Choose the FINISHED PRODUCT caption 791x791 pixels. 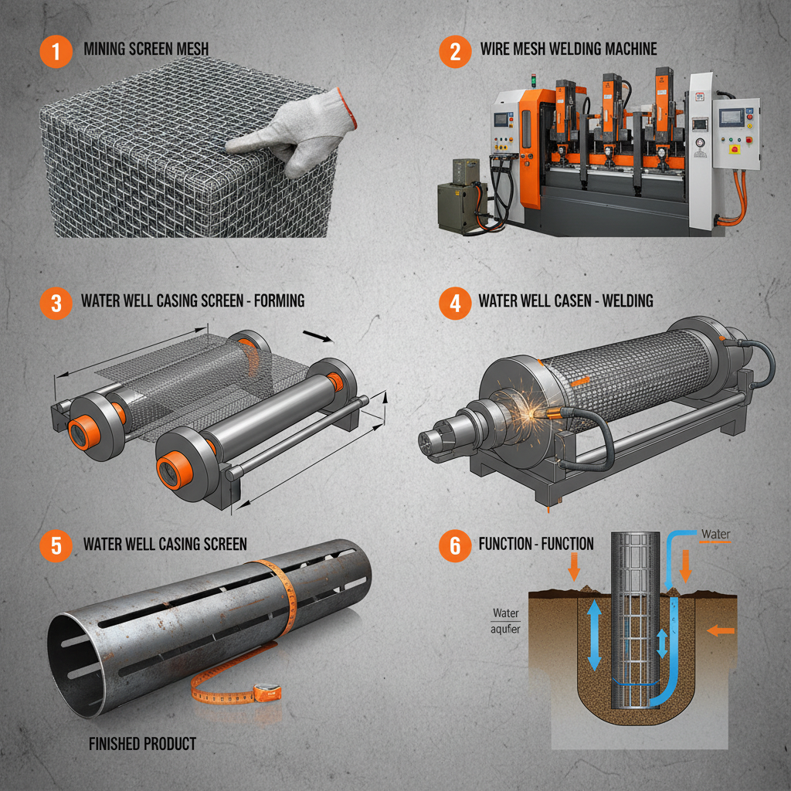click(x=141, y=744)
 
